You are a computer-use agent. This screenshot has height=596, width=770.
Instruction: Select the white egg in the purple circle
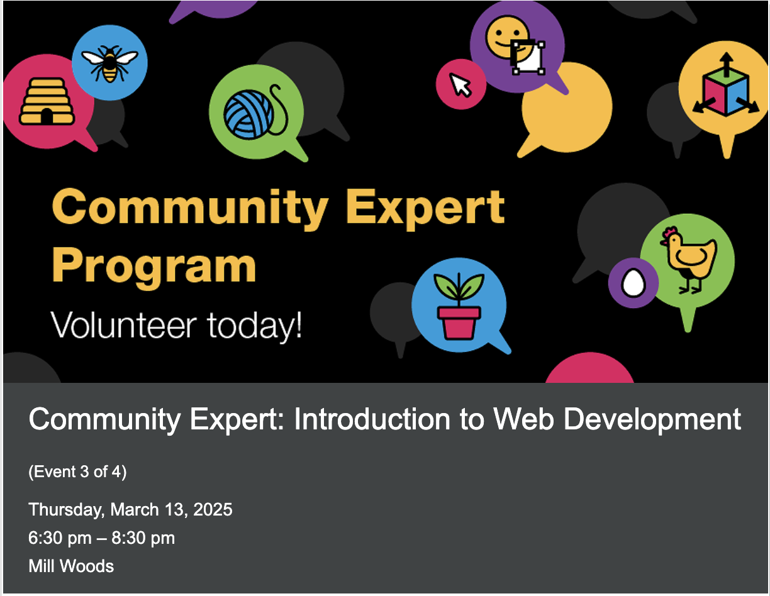click(633, 283)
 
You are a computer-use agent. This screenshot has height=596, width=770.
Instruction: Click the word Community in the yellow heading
click(189, 208)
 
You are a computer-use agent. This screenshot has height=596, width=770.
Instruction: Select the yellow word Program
click(153, 266)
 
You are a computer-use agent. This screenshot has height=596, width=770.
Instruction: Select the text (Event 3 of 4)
click(77, 472)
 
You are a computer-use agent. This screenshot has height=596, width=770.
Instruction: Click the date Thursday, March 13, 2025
click(130, 509)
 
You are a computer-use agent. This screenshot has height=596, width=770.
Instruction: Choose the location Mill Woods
click(71, 566)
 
